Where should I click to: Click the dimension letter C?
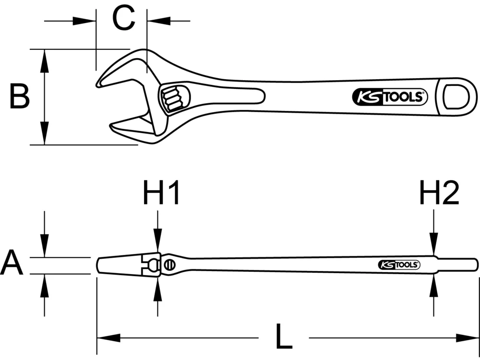point(123,20)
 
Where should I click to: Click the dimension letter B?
point(20,96)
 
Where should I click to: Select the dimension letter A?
point(12,264)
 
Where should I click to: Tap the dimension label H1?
point(161,193)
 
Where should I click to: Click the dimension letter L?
point(284,337)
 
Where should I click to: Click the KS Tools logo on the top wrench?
point(389,97)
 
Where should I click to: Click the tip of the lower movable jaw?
point(112,127)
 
